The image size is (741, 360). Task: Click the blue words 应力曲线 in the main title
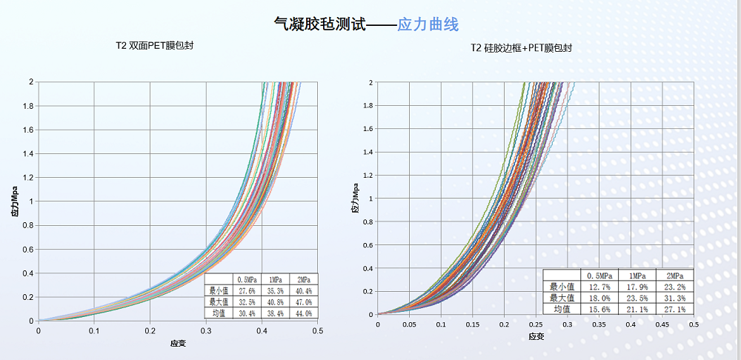click(x=428, y=24)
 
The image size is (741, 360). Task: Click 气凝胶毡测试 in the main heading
click(x=320, y=24)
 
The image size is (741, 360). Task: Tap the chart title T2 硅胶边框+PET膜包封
click(x=521, y=48)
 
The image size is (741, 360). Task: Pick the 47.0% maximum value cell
click(x=304, y=301)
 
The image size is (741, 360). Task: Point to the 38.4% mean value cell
click(x=275, y=313)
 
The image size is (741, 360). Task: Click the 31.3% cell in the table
click(x=675, y=298)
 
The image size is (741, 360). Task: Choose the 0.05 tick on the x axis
click(x=409, y=324)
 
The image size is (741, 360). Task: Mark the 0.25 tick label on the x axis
click(x=536, y=324)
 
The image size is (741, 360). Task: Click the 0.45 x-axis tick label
click(x=662, y=324)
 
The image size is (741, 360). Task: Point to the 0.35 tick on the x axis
click(x=599, y=324)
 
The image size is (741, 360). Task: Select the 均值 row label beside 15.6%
click(x=561, y=309)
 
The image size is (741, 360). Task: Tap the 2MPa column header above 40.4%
click(x=304, y=279)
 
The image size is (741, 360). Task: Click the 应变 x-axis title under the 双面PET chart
click(x=178, y=343)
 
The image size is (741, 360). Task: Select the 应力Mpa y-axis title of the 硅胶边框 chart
click(x=355, y=199)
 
